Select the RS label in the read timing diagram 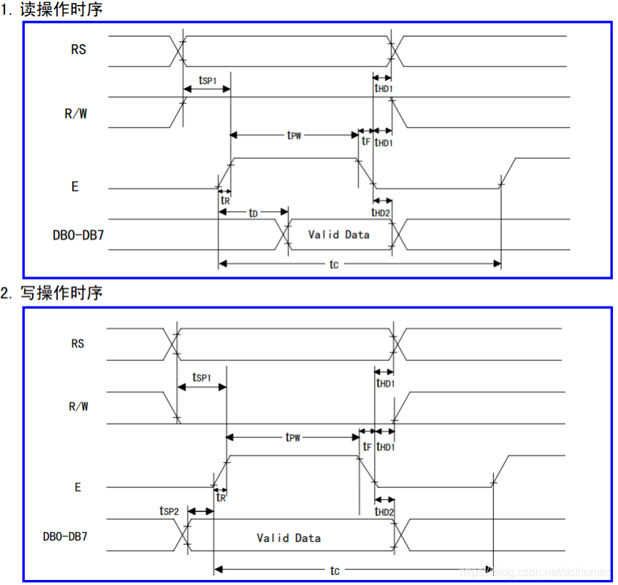click(78, 50)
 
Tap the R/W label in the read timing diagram click(76, 113)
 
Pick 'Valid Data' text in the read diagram click(339, 234)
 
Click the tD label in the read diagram click(253, 213)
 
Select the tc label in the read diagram click(333, 264)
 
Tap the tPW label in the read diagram click(294, 135)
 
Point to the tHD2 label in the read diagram click(382, 212)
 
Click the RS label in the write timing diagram click(78, 343)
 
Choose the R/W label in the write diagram click(78, 407)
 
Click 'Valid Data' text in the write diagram click(289, 537)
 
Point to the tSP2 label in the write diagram click(169, 511)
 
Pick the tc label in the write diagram click(334, 569)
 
